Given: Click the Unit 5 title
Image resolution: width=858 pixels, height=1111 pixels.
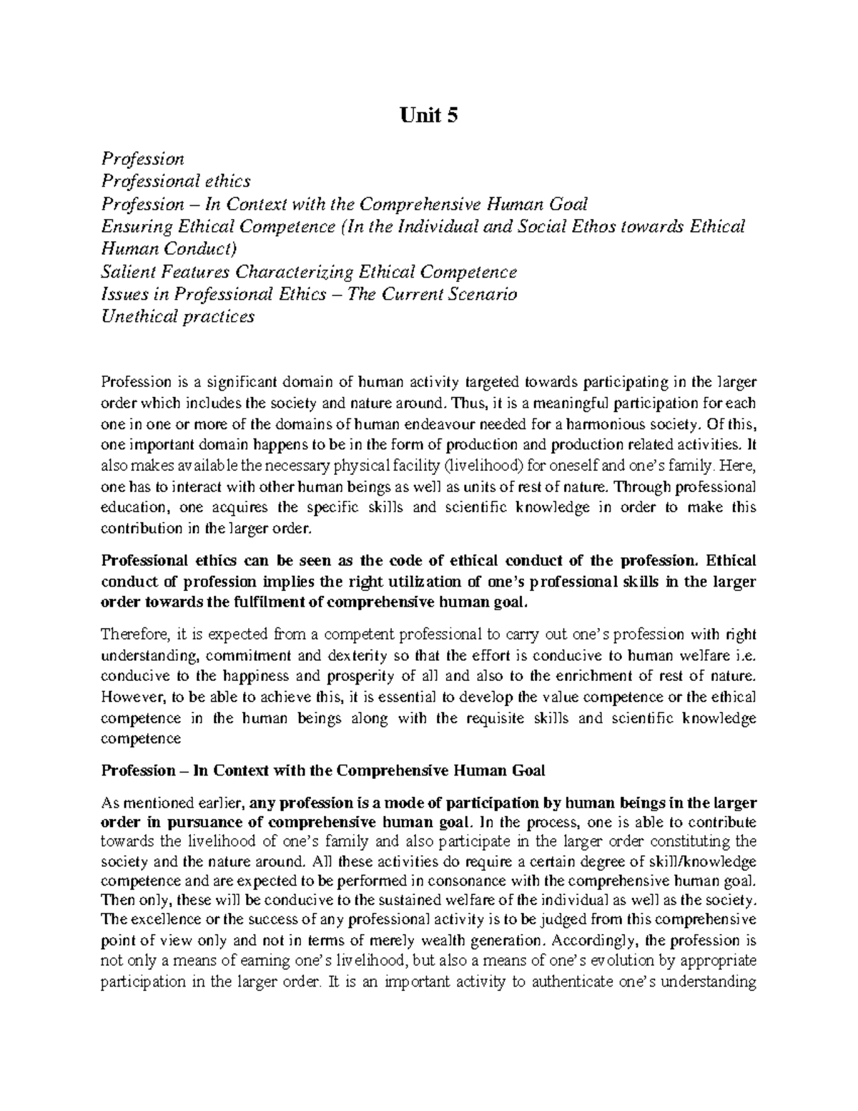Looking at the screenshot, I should coord(428,116).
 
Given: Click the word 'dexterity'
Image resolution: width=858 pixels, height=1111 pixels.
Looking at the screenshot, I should coord(356,655).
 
